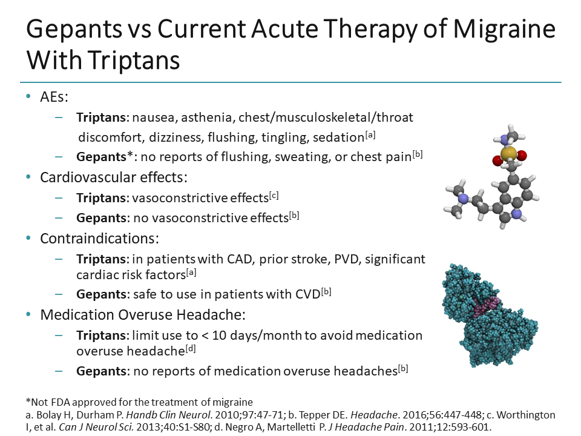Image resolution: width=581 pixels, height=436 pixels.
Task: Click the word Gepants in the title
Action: tap(74, 29)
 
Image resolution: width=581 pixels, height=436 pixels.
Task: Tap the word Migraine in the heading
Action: tap(504, 29)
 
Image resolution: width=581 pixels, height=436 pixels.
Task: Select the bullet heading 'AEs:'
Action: tap(54, 97)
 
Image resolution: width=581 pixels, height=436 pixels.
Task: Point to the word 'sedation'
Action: tap(338, 137)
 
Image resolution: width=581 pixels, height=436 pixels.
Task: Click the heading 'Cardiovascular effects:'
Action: tap(114, 177)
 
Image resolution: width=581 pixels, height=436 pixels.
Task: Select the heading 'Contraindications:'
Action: tap(99, 239)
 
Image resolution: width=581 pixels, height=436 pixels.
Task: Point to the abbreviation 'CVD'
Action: tap(307, 294)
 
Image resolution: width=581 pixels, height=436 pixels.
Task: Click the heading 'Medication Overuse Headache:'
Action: tap(143, 314)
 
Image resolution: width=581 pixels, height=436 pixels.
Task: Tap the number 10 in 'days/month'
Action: tap(219, 335)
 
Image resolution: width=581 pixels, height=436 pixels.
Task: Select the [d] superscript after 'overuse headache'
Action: tap(191, 349)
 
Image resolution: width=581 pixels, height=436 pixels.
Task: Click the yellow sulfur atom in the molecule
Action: tap(508, 153)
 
